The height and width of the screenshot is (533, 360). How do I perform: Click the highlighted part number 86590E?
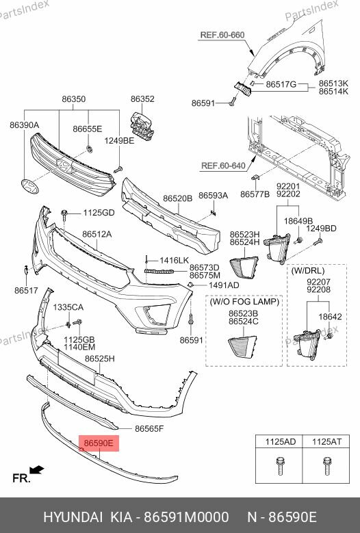tap(99, 443)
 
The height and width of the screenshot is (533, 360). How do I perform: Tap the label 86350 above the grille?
tap(74, 99)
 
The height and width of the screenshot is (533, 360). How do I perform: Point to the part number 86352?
tap(142, 99)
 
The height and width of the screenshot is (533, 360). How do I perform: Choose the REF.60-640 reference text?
tap(223, 165)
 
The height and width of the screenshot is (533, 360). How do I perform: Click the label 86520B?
tap(177, 198)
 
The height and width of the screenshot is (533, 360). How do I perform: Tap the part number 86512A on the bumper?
tap(97, 235)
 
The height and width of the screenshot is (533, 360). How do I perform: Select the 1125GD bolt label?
tap(99, 213)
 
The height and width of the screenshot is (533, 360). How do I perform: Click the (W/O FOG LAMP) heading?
tap(244, 302)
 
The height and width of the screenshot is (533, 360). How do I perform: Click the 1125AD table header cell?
tap(280, 442)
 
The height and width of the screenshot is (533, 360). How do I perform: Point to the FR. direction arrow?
tap(37, 470)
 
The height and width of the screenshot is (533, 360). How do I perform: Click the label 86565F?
tap(149, 429)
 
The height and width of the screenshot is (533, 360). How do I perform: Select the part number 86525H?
tap(99, 359)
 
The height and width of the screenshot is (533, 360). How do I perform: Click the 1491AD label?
tap(224, 285)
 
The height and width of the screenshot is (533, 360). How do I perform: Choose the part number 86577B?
tap(255, 194)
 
